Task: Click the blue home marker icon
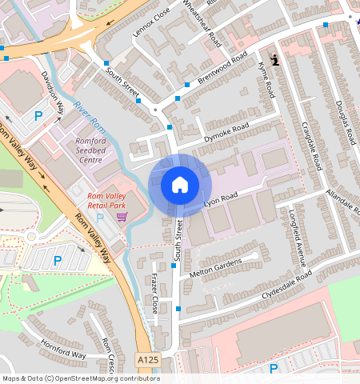coord(180,185)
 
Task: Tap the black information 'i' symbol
coord(275,59)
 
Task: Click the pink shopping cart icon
coord(122,216)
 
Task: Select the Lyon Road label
coord(222,197)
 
